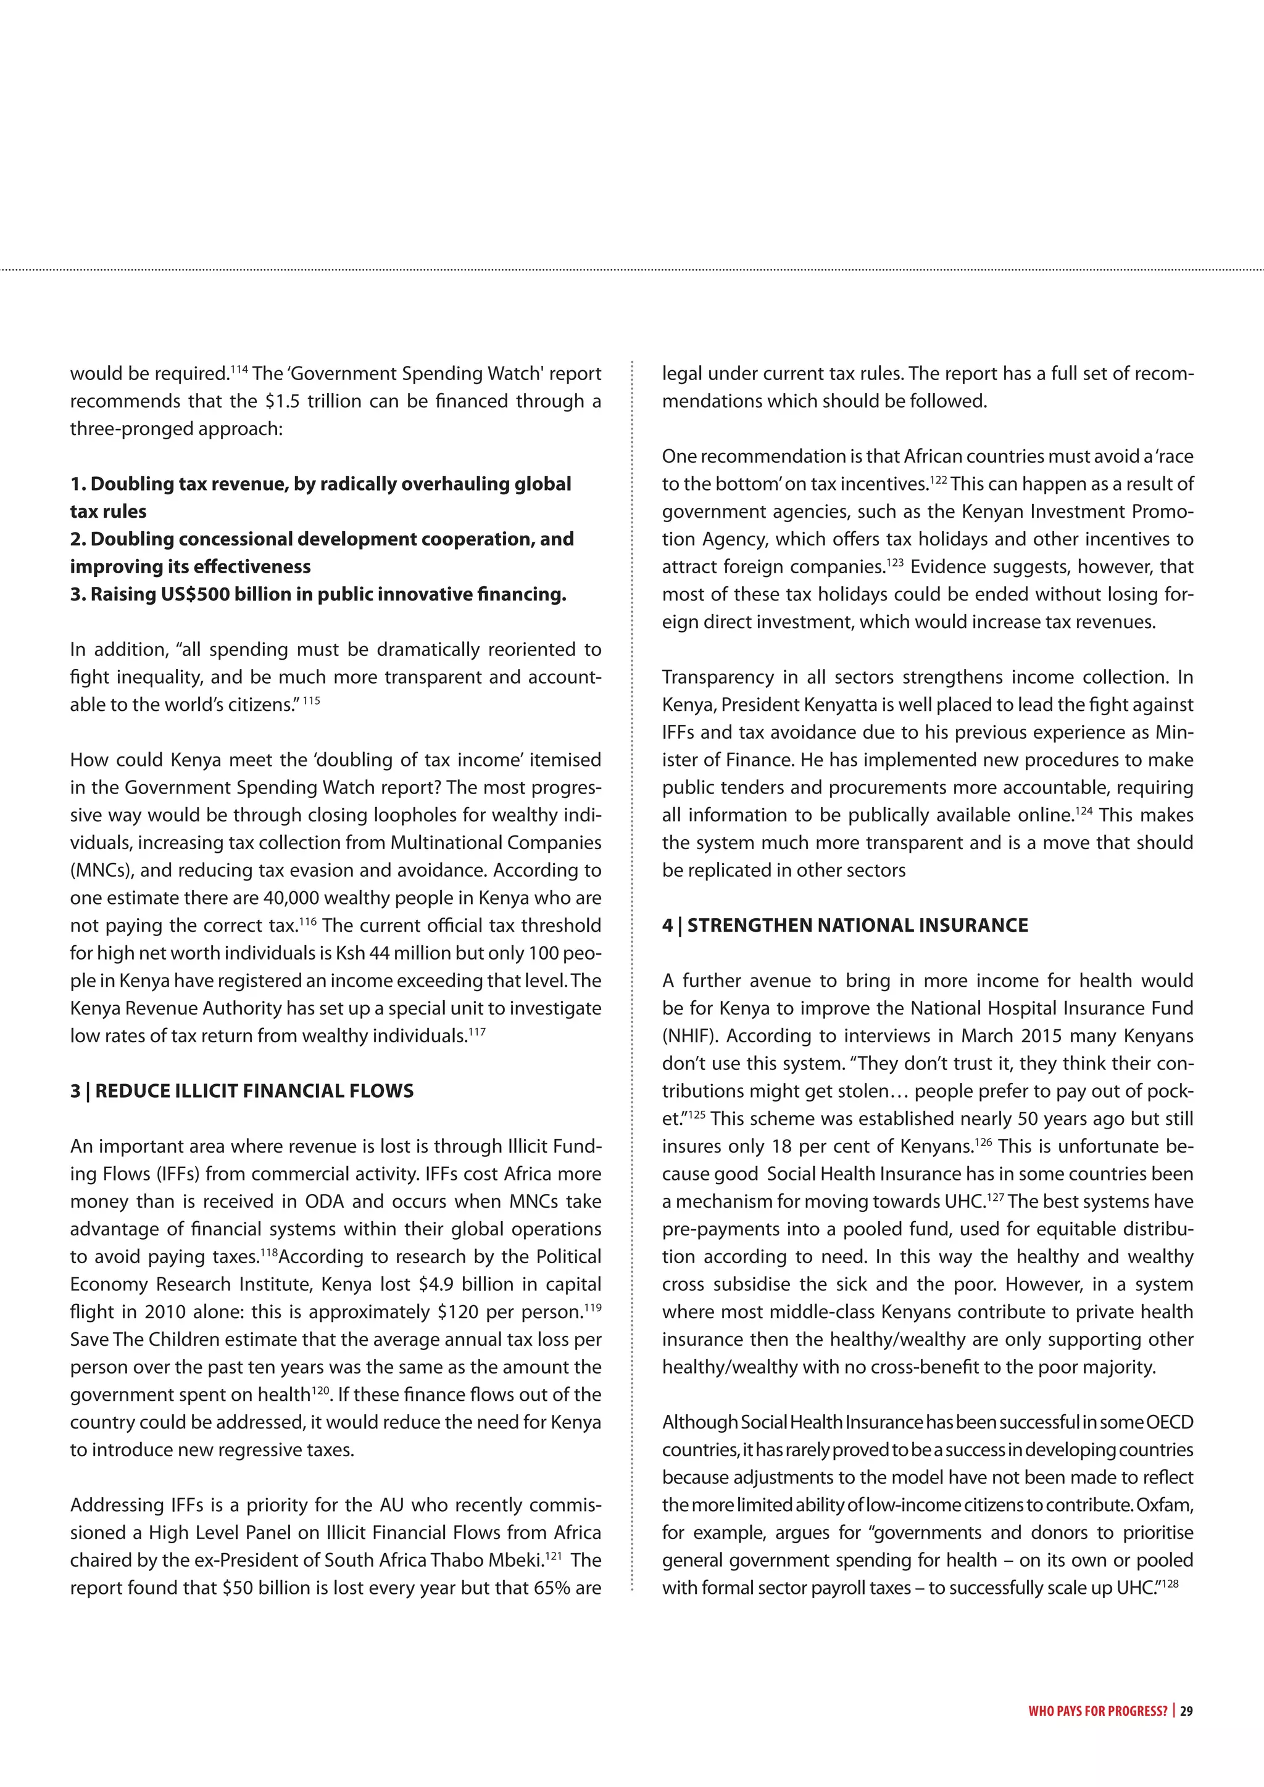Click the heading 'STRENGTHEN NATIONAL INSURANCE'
(857, 926)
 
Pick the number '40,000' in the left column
(292, 898)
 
